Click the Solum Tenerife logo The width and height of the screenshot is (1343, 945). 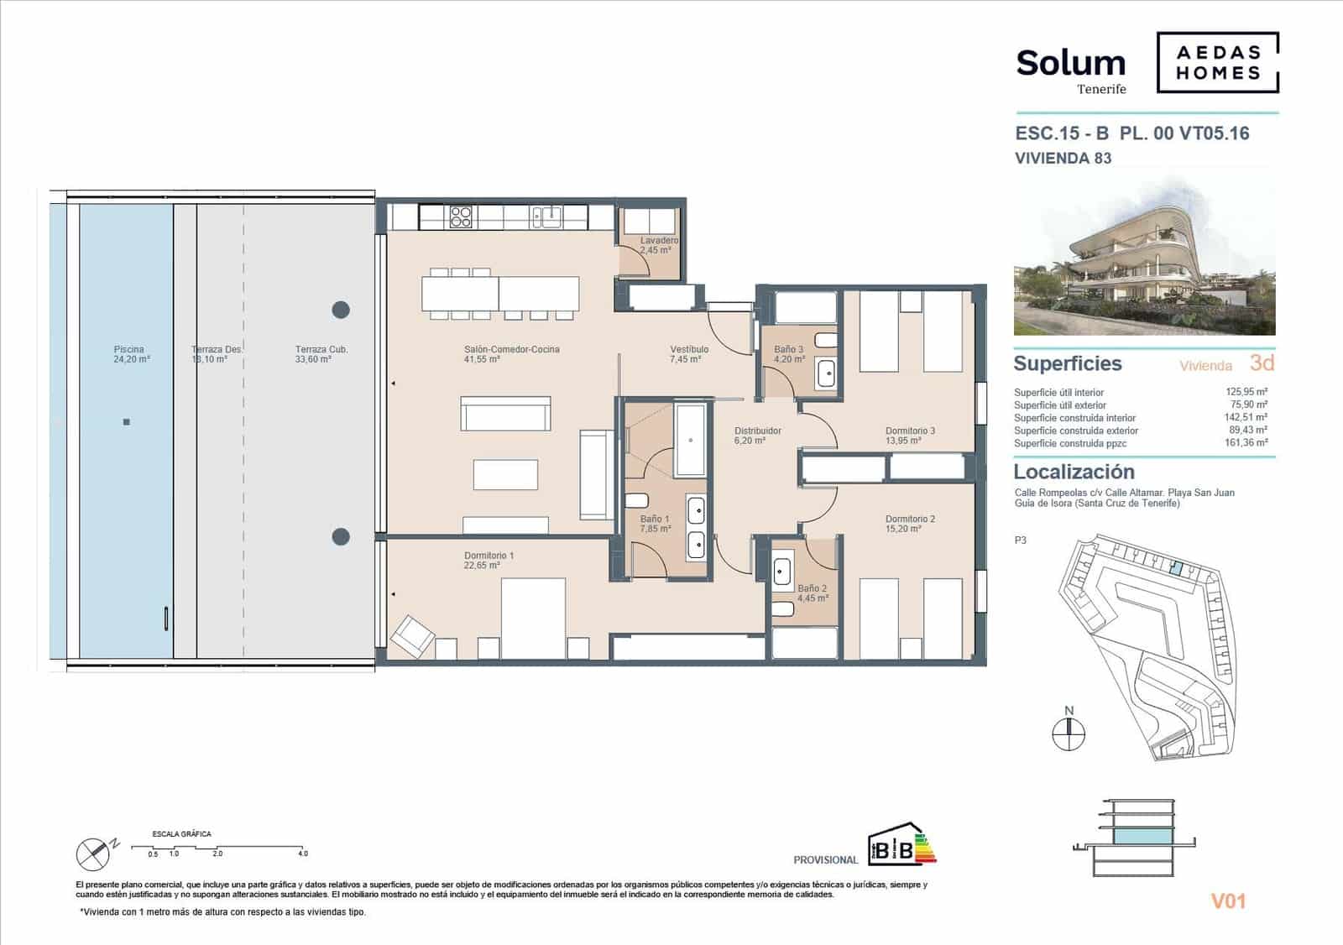click(1071, 69)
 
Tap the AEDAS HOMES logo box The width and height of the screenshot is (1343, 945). click(1218, 62)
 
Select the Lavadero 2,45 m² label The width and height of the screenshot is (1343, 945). click(658, 245)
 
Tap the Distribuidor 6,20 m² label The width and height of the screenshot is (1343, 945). click(757, 436)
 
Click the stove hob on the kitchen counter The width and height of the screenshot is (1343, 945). click(461, 217)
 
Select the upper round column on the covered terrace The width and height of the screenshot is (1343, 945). click(341, 310)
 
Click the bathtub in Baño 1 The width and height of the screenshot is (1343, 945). click(692, 440)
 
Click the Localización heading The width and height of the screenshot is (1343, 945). click(1074, 472)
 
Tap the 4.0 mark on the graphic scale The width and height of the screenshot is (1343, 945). click(302, 854)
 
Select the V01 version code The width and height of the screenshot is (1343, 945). click(1228, 901)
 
